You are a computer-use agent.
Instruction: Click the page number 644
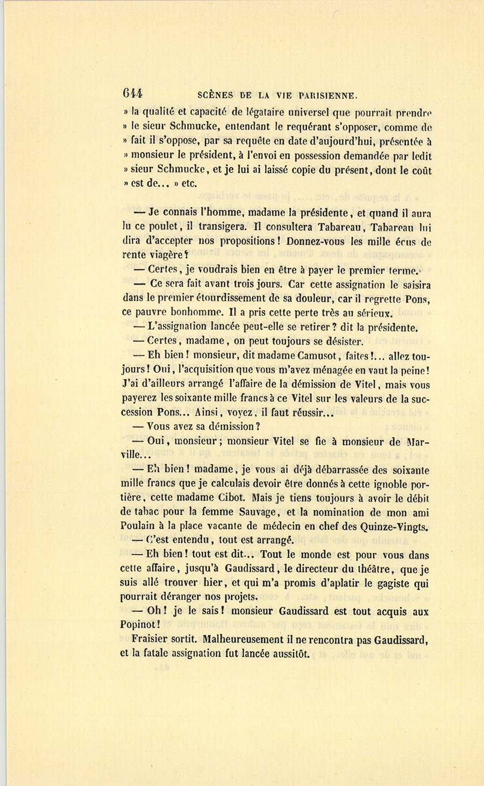point(132,93)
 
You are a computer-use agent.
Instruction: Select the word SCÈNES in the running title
point(215,96)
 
